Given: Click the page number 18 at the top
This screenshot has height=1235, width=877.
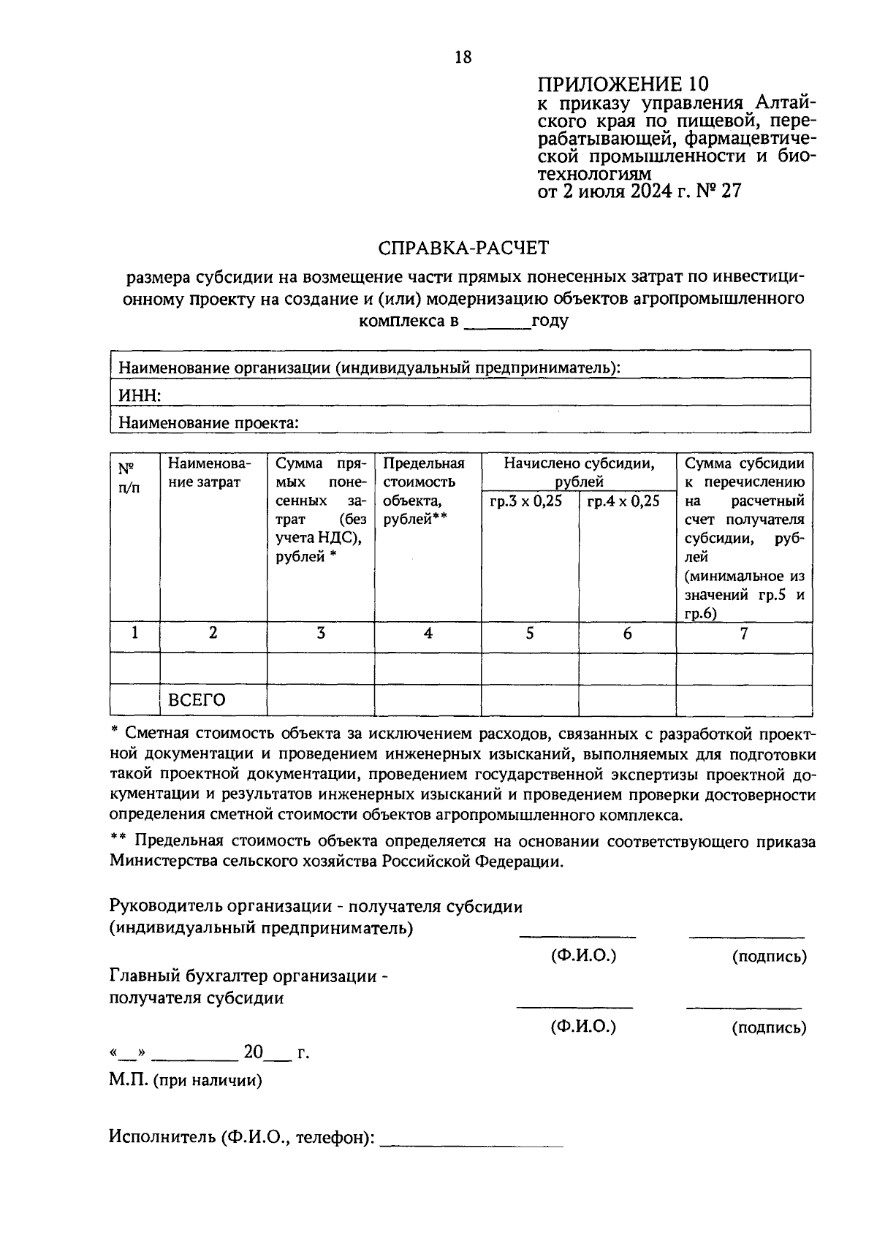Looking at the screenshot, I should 463,57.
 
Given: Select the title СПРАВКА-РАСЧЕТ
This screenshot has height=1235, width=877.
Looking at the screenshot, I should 463,248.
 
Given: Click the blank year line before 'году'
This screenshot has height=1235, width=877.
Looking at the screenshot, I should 498,322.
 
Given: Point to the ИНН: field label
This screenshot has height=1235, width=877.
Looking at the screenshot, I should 140,395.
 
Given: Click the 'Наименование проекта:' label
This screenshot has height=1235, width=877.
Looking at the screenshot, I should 209,422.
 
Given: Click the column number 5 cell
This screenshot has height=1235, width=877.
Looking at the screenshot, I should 529,634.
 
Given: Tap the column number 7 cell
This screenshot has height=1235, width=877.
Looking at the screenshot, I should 743,634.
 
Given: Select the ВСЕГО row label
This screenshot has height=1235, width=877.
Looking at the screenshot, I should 197,700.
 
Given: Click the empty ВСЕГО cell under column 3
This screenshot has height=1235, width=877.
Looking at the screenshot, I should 320,700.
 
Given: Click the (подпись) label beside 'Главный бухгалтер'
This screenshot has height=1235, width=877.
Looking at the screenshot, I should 769,1027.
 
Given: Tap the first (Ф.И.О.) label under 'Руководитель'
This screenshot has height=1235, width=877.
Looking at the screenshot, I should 583,956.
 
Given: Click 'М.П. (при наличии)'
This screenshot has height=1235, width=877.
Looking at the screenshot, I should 186,1080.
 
